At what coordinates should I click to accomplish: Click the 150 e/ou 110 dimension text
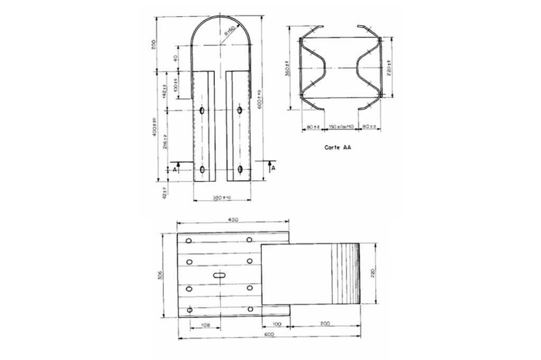[341, 127]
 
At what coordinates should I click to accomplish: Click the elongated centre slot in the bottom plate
[219, 275]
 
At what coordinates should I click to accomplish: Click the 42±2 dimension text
[164, 193]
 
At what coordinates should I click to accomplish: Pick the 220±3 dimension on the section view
[389, 67]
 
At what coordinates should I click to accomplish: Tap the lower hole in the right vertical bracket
[240, 169]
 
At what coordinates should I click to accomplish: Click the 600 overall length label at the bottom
[268, 335]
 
